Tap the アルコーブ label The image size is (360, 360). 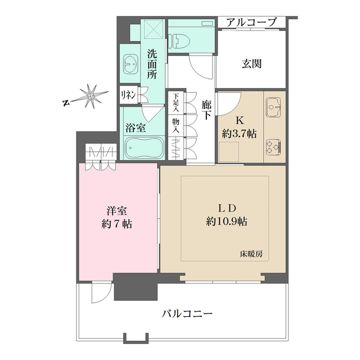tap(252, 22)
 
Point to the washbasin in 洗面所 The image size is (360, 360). tap(130, 66)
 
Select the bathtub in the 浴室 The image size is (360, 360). tap(143, 148)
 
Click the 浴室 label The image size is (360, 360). tap(136, 127)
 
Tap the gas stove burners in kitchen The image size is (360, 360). tap(274, 146)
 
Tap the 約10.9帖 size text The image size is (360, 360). tap(227, 221)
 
